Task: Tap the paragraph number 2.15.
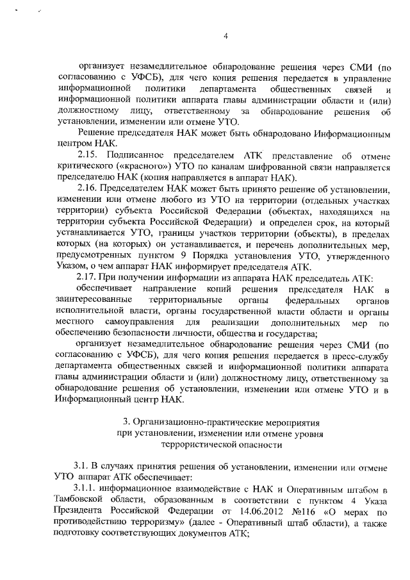pos(86,156)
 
